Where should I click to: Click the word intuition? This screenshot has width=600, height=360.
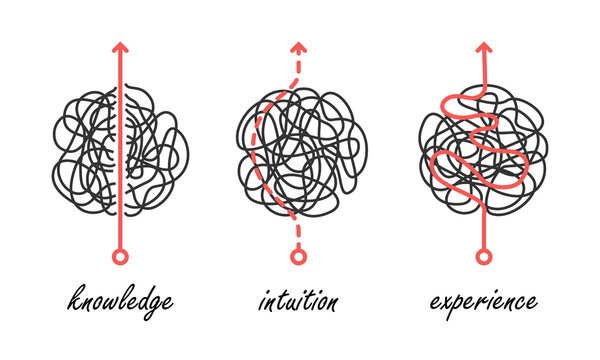point(297,301)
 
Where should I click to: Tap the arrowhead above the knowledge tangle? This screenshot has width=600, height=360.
point(120,47)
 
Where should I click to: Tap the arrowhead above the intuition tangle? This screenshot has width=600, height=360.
point(296,47)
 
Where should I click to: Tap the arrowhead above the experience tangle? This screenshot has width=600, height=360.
point(484,47)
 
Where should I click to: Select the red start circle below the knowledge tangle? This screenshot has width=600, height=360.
point(120,258)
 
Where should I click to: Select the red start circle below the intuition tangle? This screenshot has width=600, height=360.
point(296,258)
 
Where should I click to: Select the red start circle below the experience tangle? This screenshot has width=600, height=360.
point(484,258)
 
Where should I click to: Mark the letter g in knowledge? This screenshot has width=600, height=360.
point(153,305)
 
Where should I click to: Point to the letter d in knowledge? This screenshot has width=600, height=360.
point(141,298)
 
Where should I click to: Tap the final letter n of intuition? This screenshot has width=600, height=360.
point(331,302)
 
